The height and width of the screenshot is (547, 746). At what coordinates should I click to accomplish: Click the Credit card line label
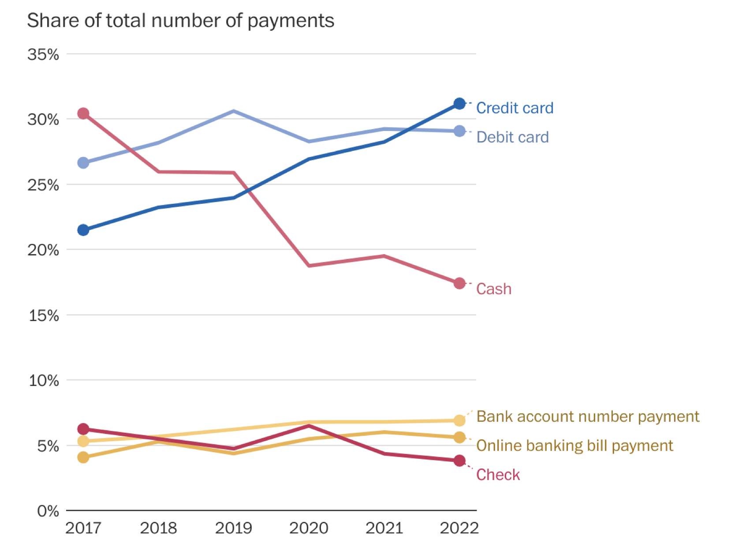tap(515, 108)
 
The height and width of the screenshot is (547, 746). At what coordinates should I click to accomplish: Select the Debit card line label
tap(512, 137)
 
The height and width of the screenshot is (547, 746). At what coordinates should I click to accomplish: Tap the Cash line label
tap(494, 289)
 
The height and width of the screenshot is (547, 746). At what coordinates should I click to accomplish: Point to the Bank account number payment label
tap(588, 416)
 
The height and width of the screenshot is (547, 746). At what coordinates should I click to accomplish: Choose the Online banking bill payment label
tap(574, 446)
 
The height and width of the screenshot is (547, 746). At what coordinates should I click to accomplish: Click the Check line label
tap(498, 475)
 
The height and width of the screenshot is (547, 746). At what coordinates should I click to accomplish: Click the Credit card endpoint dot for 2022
tap(459, 104)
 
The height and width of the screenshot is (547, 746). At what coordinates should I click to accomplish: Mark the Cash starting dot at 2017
tap(83, 113)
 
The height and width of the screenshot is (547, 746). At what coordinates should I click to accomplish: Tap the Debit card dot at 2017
tap(83, 163)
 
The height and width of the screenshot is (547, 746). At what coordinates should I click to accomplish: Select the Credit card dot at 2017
tap(83, 230)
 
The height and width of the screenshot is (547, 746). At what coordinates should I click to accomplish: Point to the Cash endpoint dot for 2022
tap(459, 283)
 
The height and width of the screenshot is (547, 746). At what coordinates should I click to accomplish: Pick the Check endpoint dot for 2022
tap(459, 461)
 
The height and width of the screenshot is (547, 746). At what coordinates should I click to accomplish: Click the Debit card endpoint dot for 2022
tap(459, 131)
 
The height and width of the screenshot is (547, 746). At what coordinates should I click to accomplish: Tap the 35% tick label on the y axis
tap(43, 55)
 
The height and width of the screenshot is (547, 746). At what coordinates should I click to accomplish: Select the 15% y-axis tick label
tap(43, 316)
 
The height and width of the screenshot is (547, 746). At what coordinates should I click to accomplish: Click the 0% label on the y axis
tap(48, 511)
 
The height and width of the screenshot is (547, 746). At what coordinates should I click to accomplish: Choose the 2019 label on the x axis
tap(233, 528)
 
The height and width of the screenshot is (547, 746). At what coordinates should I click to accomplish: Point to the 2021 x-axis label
tap(384, 528)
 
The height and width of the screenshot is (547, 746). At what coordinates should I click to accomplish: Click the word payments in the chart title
tap(291, 21)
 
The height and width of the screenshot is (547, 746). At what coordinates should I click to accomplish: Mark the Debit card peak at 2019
tap(234, 111)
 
